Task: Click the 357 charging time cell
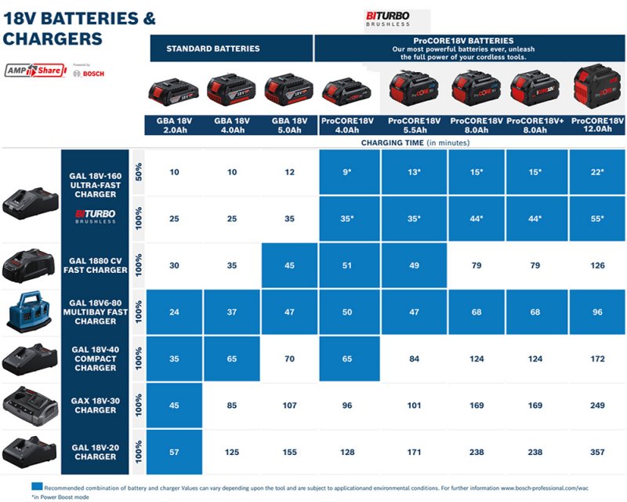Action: tap(598, 452)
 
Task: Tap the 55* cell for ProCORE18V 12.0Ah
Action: tap(598, 219)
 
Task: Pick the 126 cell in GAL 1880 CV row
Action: tap(598, 266)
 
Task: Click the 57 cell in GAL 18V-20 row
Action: tap(174, 452)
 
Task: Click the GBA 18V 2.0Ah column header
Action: tap(174, 125)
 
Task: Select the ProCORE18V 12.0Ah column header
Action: tap(598, 125)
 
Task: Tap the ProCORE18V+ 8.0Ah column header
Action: tap(537, 125)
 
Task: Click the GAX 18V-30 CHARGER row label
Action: tap(96, 406)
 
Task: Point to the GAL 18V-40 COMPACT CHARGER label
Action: tap(96, 358)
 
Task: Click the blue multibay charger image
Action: tap(29, 312)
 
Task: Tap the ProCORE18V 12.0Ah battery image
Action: tap(597, 88)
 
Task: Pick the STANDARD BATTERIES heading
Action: tap(212, 49)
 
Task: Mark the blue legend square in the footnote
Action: tap(36, 487)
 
